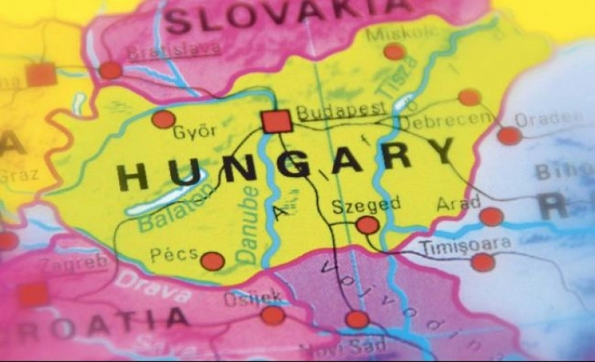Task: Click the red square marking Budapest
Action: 276,121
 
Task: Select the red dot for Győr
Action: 164,119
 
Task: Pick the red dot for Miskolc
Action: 394,51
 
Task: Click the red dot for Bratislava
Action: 111,71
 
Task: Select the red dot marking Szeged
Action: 367,224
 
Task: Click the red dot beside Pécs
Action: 213,261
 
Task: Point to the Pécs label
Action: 174,255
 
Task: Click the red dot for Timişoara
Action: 483,262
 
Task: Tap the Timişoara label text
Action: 466,244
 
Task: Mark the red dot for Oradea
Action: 509,136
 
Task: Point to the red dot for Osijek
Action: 273,315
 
